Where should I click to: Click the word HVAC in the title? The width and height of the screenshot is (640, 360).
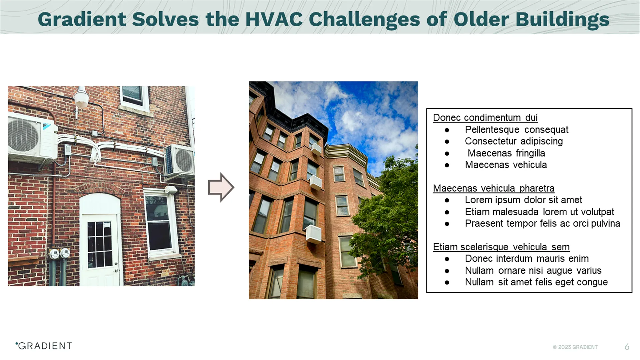274,19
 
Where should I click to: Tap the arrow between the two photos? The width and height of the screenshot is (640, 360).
221,187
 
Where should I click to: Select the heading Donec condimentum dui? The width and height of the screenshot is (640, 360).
485,118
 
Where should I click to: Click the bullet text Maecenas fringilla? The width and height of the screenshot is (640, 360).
506,153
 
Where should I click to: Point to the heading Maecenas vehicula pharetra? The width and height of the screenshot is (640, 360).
493,188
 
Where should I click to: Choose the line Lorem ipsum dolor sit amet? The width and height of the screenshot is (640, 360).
523,200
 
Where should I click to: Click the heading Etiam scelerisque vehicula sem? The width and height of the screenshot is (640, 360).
501,247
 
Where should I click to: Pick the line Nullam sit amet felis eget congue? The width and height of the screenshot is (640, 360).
536,282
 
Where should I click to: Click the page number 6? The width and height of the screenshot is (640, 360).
627,347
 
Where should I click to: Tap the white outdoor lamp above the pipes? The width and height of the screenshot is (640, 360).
81,98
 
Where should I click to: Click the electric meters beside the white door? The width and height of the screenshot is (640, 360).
59,254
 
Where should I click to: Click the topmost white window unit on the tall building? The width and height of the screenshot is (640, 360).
316,149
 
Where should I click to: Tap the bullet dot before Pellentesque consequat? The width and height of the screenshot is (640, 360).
447,130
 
